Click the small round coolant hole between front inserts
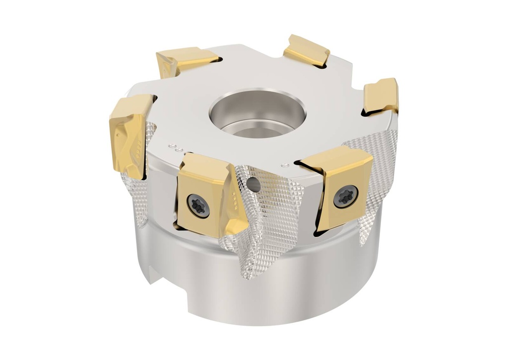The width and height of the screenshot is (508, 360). pos(254,185)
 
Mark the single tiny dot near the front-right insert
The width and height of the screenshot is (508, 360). pos(284,164)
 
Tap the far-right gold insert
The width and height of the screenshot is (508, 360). pos(381,96)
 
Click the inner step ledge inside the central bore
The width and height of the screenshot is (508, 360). pos(258,130)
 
